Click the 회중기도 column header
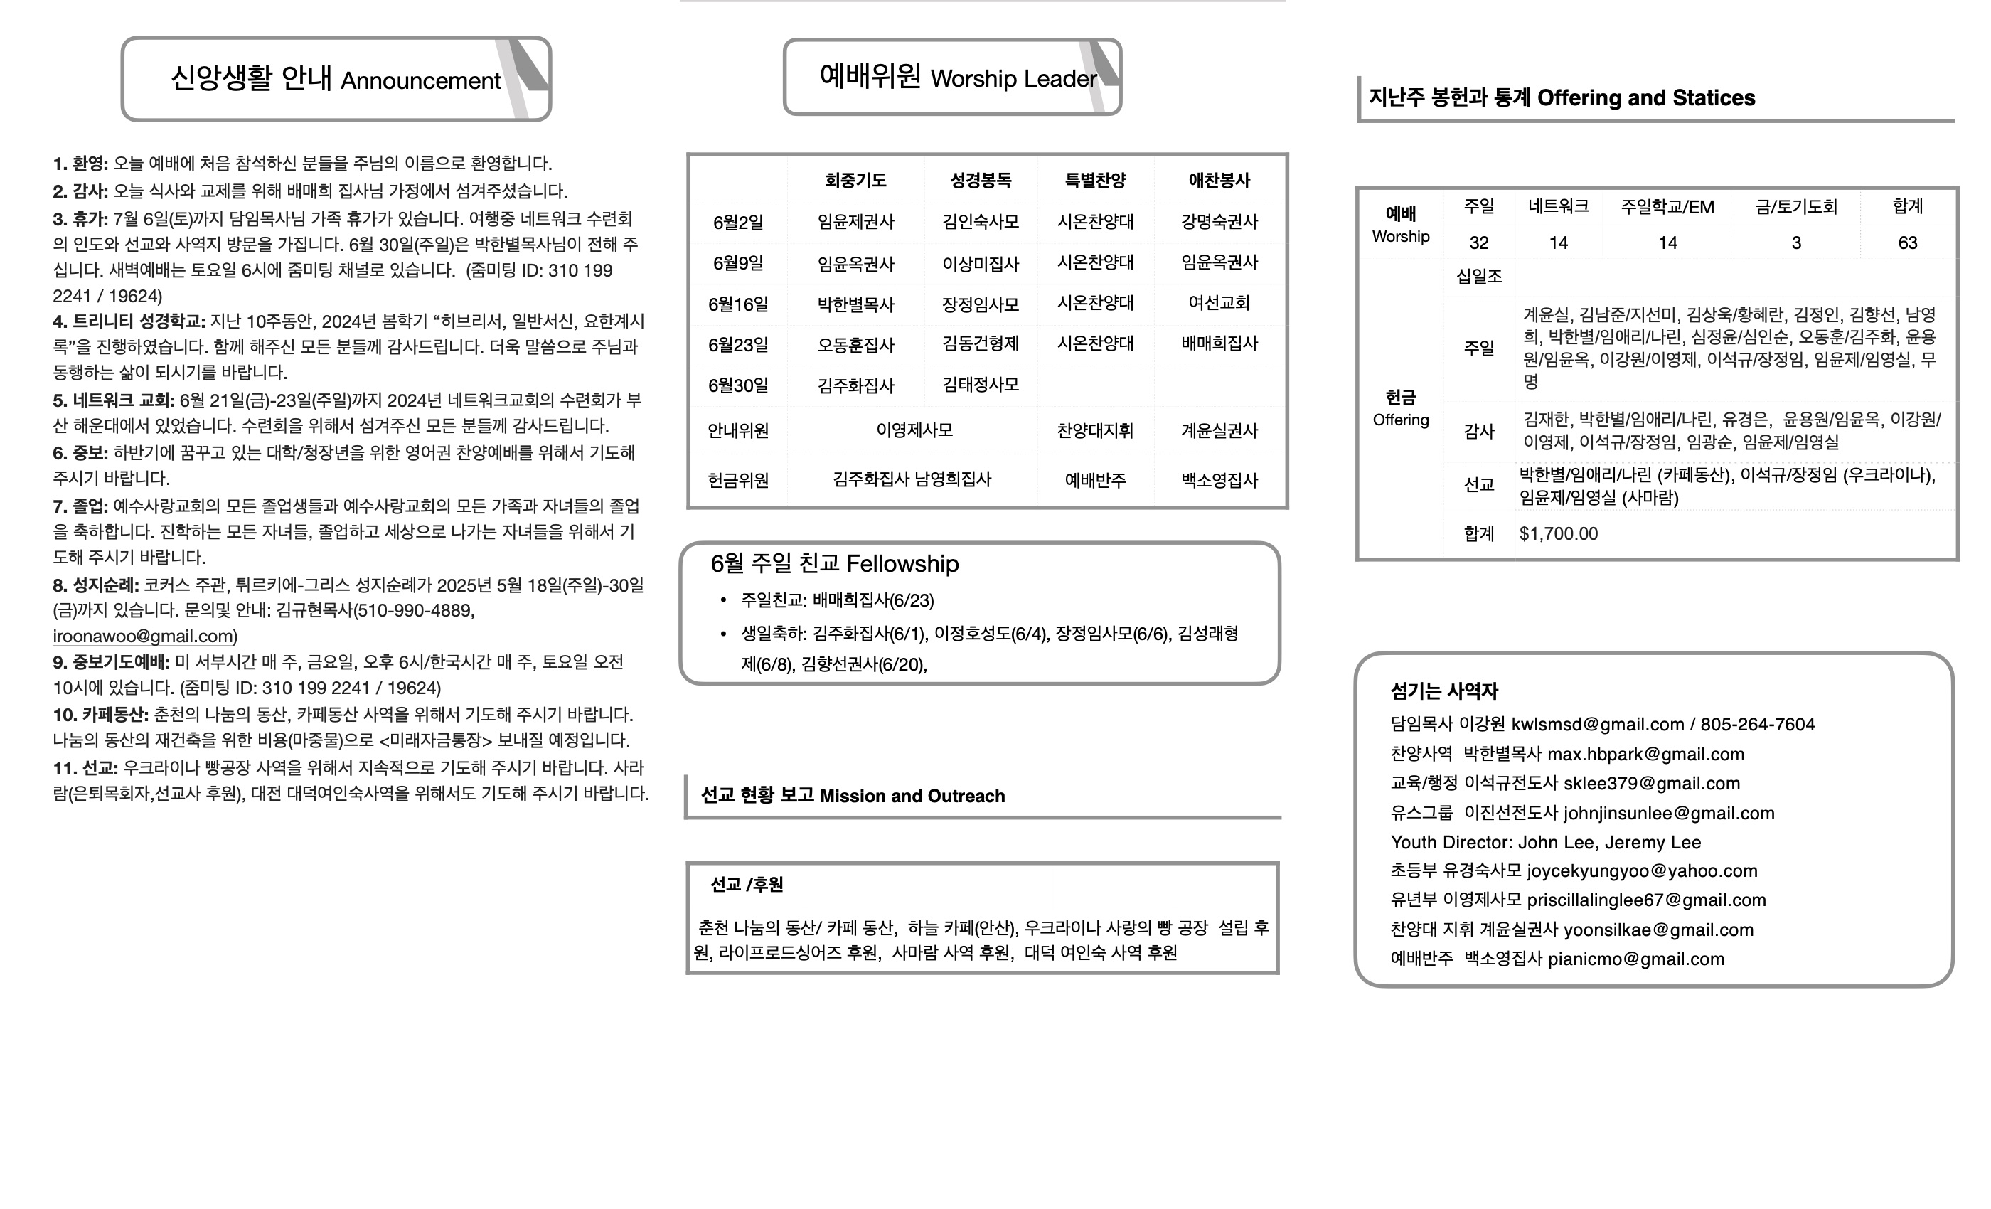(855, 180)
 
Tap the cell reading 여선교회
(1219, 303)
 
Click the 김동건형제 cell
(980, 344)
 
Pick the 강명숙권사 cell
(1219, 221)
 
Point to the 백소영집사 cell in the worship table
(1219, 481)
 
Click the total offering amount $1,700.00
(1558, 534)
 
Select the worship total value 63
(1907, 243)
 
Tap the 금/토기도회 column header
(1795, 207)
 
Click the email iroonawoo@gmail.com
(144, 637)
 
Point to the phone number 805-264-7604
(1758, 725)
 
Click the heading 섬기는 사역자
(1444, 691)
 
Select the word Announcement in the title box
(420, 81)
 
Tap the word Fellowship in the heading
(902, 564)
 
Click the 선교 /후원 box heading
(747, 885)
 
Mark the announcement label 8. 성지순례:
(95, 585)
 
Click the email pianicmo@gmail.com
(1635, 959)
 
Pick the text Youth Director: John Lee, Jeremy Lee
(1545, 843)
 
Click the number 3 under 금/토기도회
(1795, 243)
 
